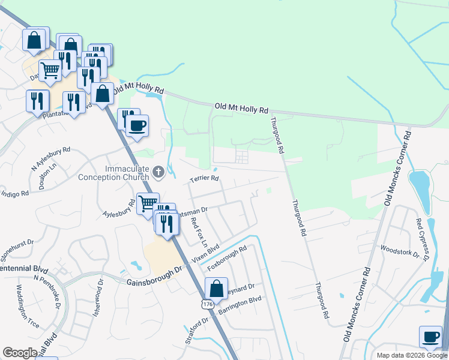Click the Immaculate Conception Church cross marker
click(x=158, y=173)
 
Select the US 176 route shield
click(x=207, y=305)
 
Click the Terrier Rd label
click(x=205, y=178)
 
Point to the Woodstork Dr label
click(x=399, y=251)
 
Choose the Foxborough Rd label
click(x=228, y=258)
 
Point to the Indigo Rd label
click(x=14, y=194)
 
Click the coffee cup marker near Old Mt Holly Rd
click(x=137, y=125)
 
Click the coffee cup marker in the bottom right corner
click(x=430, y=337)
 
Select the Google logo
click(x=20, y=353)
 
